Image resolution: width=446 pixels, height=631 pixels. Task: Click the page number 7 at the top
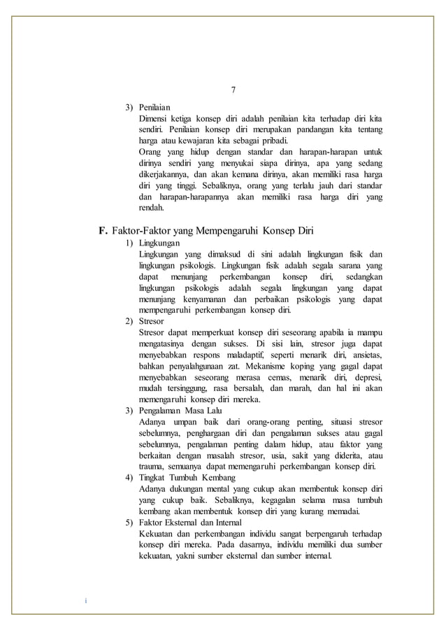coord(234,90)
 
